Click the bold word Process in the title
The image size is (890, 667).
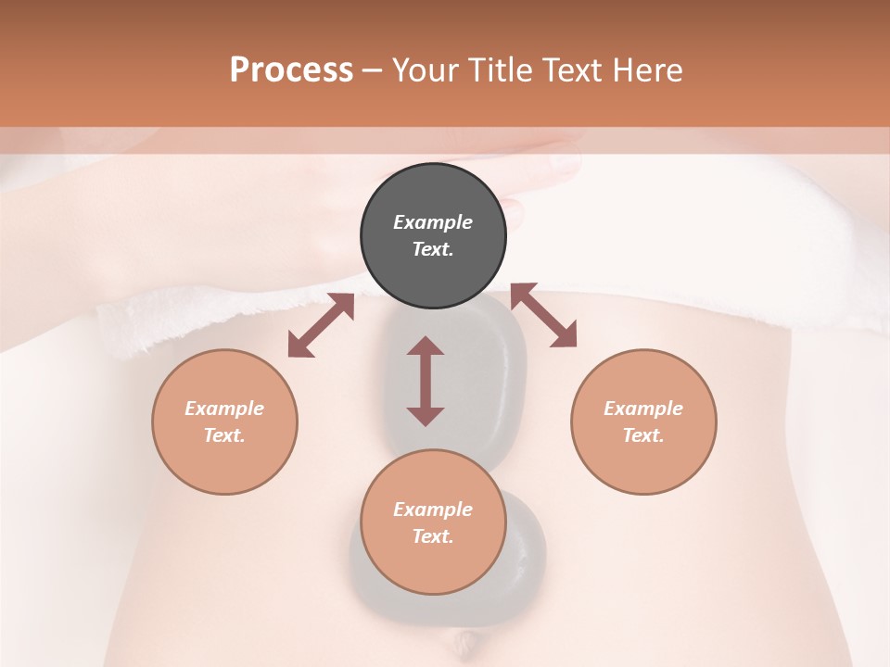(291, 70)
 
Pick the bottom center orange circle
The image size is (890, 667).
(433, 565)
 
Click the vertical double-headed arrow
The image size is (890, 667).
(426, 381)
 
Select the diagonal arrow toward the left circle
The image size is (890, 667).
(321, 325)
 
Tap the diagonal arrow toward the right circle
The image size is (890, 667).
(544, 316)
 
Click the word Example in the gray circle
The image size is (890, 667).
(433, 222)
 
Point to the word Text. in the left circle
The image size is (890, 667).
(224, 435)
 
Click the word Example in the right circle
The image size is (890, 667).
(643, 409)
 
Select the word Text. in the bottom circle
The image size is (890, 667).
(433, 536)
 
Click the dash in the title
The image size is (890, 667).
(372, 71)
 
